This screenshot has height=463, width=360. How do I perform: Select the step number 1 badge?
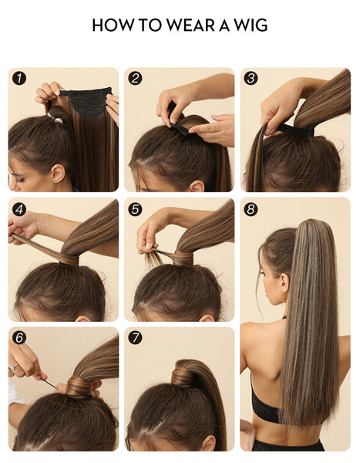tap(19, 79)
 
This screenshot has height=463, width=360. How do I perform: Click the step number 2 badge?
tap(135, 79)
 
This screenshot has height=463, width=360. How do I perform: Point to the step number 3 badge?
tap(251, 79)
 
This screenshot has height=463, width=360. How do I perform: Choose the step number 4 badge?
tap(19, 209)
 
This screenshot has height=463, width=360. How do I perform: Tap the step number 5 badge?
tap(135, 209)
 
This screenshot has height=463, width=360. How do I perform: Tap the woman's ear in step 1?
tap(58, 174)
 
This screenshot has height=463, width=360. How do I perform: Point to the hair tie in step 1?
tap(56, 119)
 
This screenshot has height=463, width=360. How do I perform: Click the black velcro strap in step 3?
tap(295, 130)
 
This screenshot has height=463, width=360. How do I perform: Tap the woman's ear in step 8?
tap(284, 283)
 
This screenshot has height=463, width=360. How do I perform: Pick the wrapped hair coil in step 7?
tap(183, 376)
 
